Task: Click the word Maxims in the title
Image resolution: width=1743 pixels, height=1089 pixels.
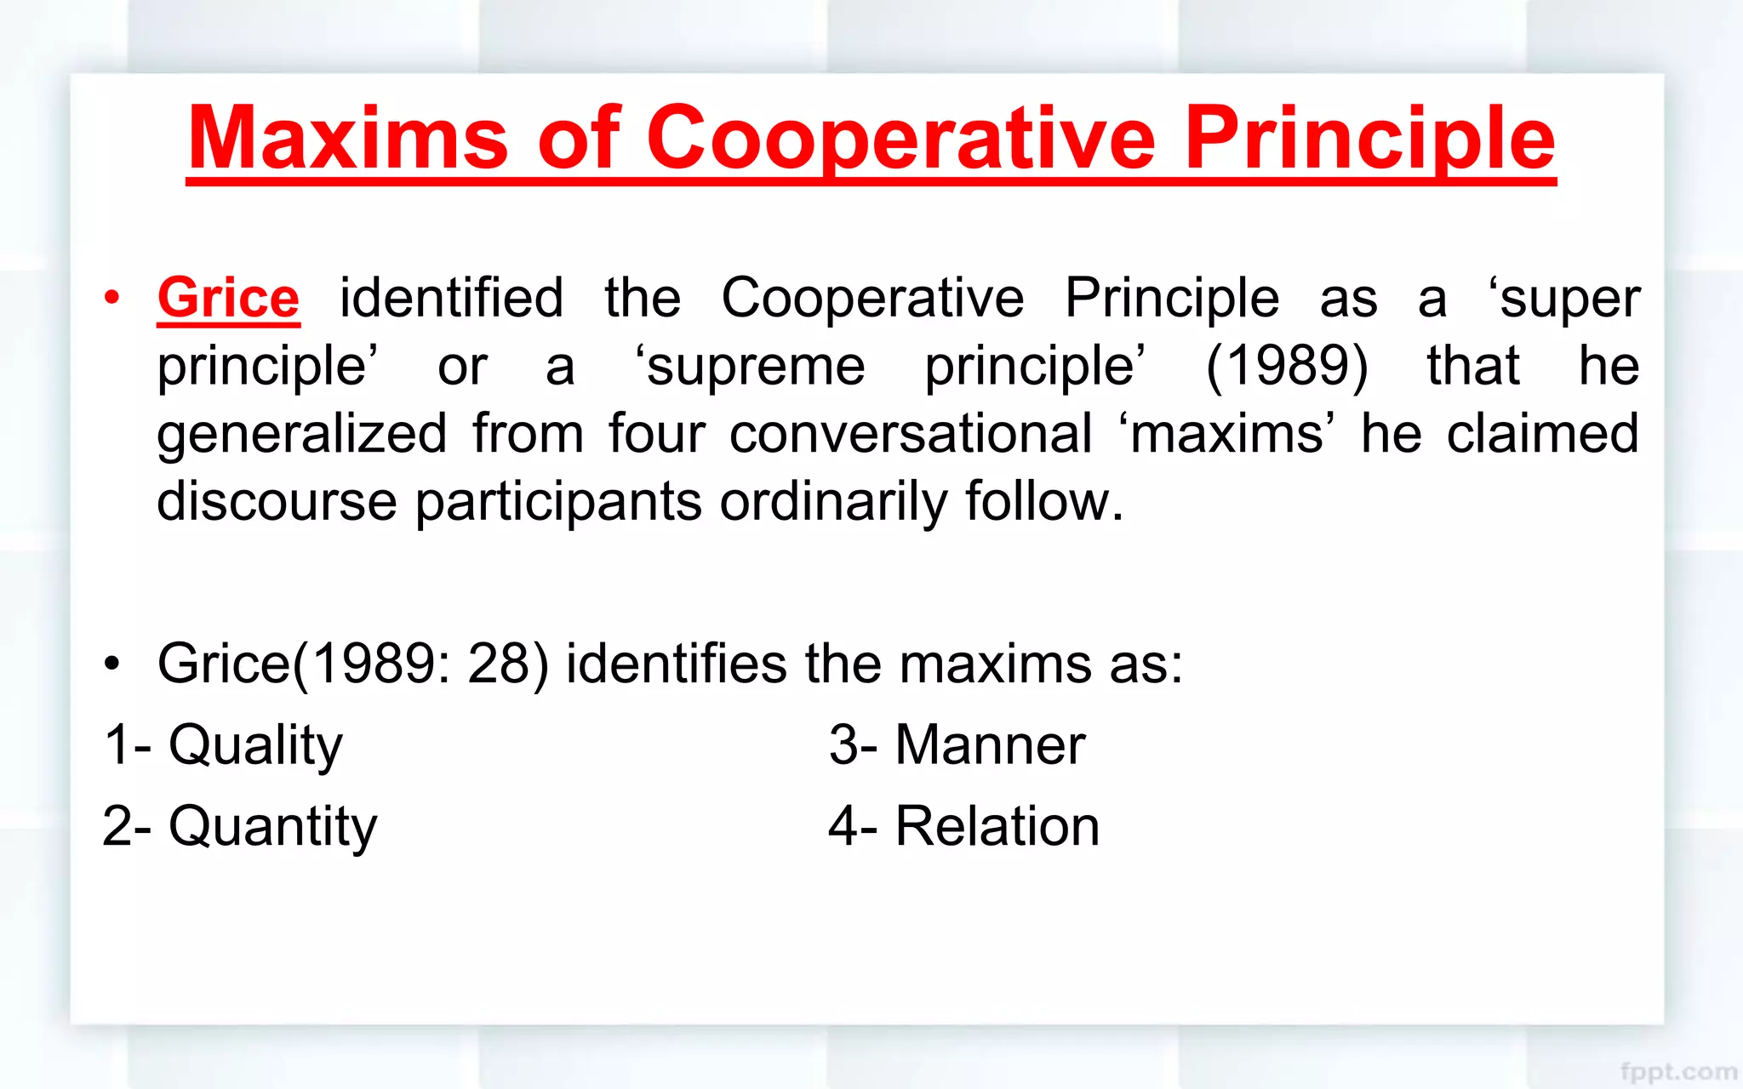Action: (x=347, y=138)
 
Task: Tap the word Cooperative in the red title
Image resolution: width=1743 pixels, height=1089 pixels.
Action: (x=900, y=138)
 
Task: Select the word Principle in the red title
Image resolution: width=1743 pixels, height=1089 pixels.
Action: (x=1369, y=138)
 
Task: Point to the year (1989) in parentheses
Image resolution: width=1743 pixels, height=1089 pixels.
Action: (x=1287, y=366)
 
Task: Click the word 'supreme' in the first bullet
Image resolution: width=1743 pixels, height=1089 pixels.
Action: (x=751, y=366)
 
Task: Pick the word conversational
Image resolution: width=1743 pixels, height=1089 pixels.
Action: (x=911, y=433)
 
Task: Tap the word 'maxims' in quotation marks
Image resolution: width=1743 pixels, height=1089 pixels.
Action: (x=1226, y=433)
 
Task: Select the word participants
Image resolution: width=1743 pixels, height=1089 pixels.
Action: (x=558, y=501)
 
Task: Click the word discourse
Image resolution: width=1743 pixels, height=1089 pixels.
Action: (x=277, y=501)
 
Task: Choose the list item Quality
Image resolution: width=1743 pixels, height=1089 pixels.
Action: (x=255, y=745)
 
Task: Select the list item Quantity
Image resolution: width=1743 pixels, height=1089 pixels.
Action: (x=272, y=826)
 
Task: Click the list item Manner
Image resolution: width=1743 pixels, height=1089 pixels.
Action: (x=989, y=745)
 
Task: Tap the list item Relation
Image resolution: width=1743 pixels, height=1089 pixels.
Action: (x=997, y=826)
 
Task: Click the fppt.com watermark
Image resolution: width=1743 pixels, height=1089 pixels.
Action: (x=1678, y=1071)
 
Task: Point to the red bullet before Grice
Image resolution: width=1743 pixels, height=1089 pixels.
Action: (x=111, y=298)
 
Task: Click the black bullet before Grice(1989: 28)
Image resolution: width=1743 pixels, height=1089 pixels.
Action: (x=111, y=664)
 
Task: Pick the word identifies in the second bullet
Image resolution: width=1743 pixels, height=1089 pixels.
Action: (x=676, y=664)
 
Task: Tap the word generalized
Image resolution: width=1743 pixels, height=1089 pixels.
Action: (x=301, y=433)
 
